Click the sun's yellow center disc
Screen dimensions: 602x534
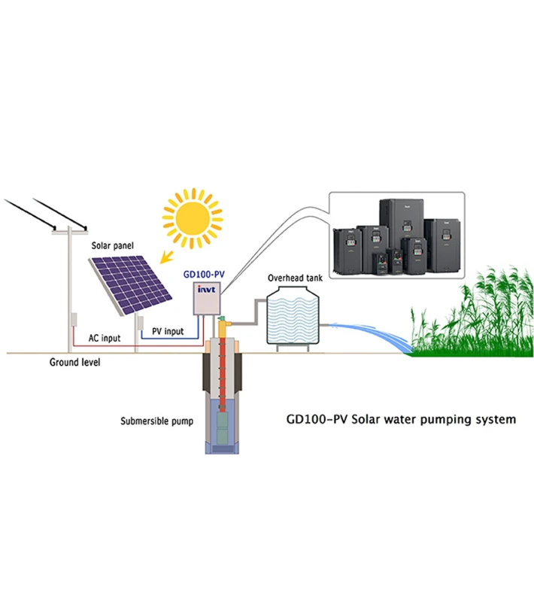[x=194, y=217]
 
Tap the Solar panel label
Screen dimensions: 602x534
[x=111, y=246]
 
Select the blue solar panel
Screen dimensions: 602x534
[x=129, y=285]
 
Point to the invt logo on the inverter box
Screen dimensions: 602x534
[x=206, y=289]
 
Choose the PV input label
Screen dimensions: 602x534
[x=168, y=331]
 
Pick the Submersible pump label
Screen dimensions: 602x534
[x=156, y=421]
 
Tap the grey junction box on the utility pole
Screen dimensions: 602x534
[x=74, y=318]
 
